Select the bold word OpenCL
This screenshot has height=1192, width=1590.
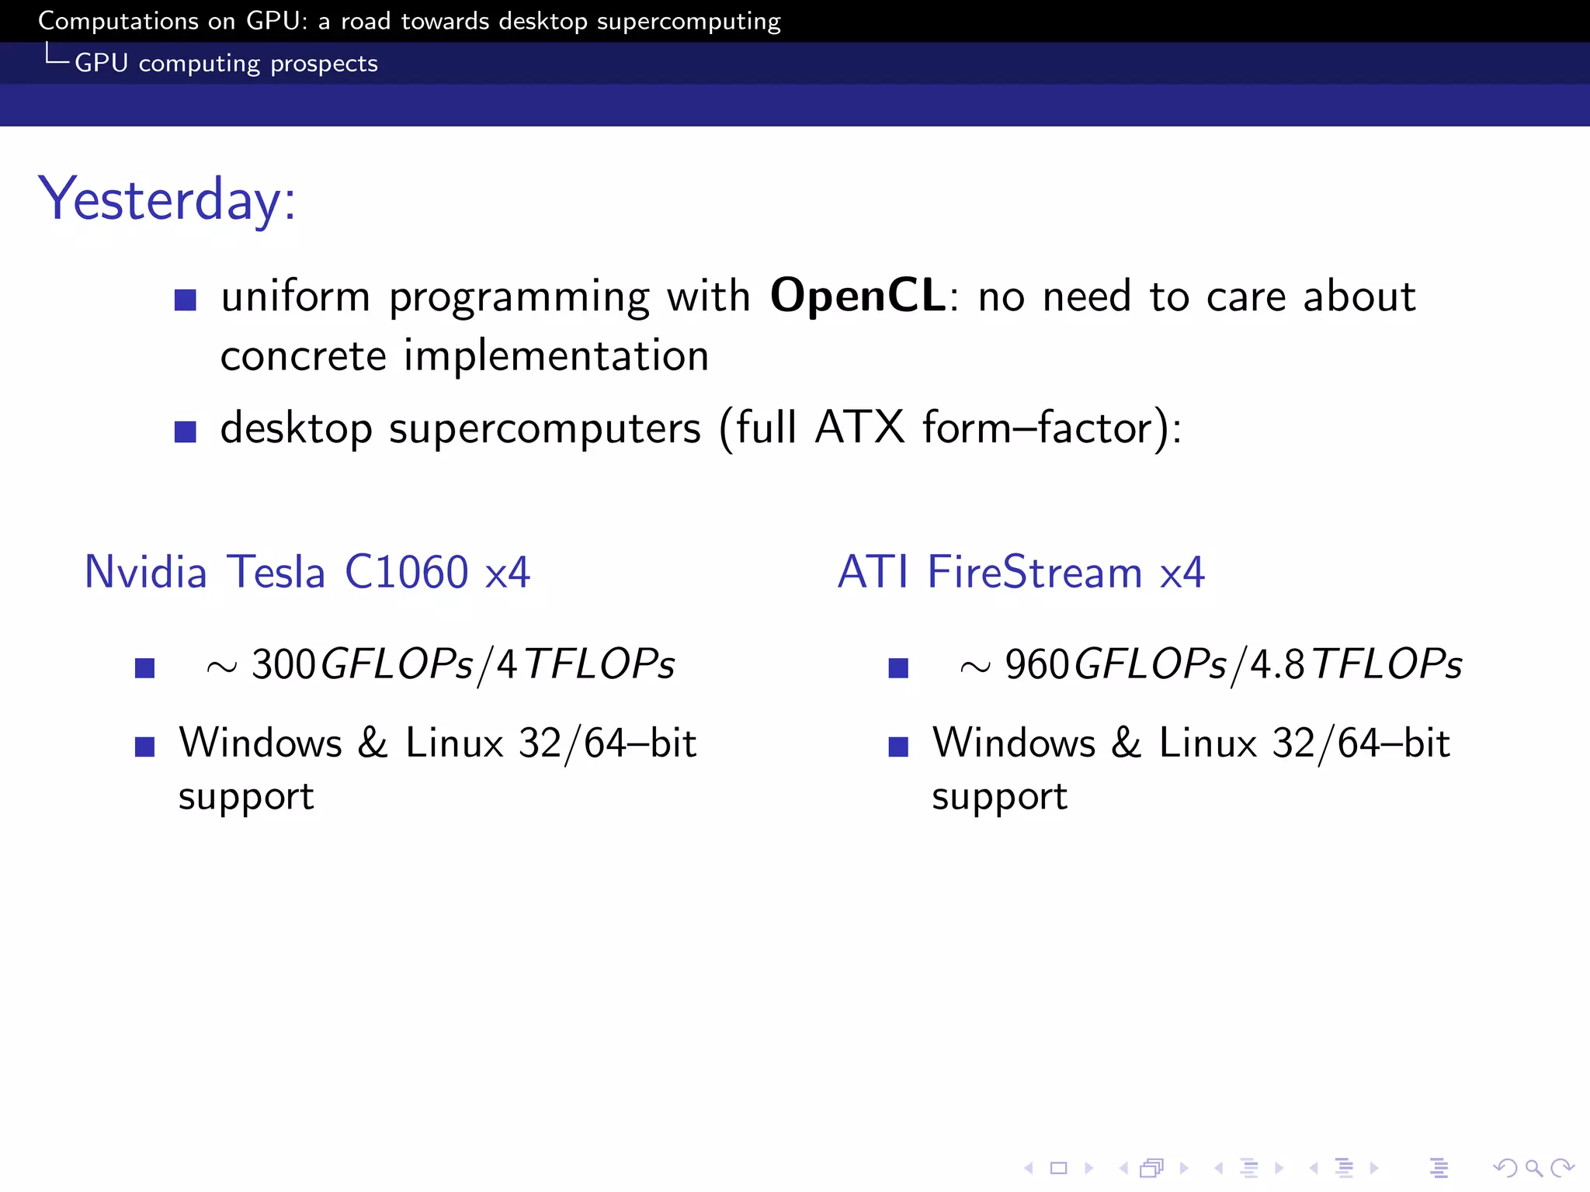(x=857, y=296)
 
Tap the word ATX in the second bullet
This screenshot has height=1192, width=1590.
(x=860, y=428)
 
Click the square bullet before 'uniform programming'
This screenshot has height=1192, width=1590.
(x=186, y=300)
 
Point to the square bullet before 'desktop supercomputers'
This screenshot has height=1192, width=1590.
(x=186, y=431)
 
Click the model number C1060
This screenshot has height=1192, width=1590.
(x=406, y=572)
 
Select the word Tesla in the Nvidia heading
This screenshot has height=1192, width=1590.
(x=276, y=572)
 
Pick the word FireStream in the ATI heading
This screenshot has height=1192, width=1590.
(x=1035, y=572)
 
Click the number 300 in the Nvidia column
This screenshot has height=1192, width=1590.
(x=283, y=664)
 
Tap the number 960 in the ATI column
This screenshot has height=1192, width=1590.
(x=1036, y=664)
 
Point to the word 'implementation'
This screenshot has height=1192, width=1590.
(x=556, y=356)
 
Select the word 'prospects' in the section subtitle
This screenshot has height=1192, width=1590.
(x=324, y=63)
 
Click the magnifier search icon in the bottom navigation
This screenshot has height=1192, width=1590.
(x=1533, y=1167)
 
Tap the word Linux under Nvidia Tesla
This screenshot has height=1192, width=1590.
(x=454, y=743)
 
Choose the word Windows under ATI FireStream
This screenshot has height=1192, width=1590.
(x=1014, y=743)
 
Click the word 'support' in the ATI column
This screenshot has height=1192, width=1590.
(x=999, y=797)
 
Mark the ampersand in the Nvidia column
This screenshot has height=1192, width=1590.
(x=373, y=743)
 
